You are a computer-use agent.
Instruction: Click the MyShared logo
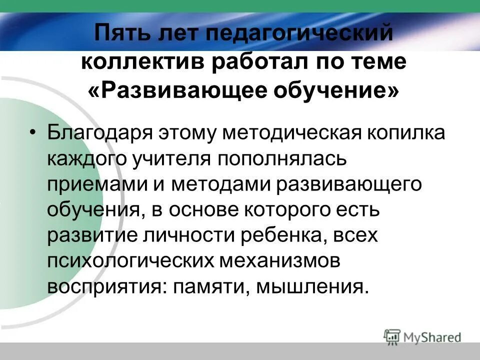coord(422,337)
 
